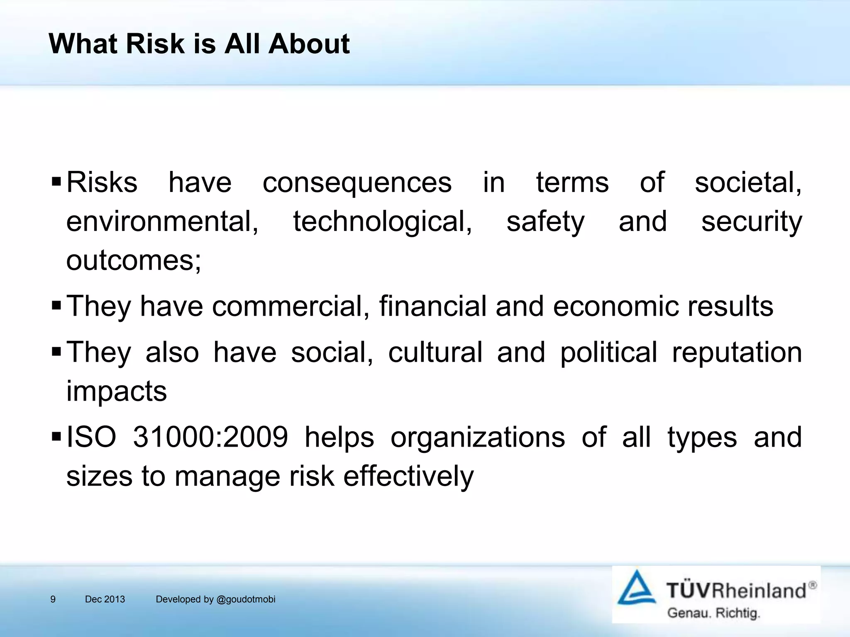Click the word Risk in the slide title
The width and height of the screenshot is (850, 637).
155,44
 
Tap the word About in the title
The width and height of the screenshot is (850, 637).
309,44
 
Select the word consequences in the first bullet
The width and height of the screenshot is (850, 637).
357,183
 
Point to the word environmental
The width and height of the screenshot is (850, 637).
162,221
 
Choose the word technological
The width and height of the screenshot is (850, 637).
382,221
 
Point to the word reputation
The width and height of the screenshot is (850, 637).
737,352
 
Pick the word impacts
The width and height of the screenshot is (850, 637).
117,391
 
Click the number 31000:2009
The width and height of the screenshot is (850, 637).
210,437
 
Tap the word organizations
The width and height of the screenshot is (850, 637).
477,437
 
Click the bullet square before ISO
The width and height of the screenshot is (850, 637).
56,437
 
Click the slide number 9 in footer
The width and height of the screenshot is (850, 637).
53,599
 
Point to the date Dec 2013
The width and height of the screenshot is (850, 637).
105,599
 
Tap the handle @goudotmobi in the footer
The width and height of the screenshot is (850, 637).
246,599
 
